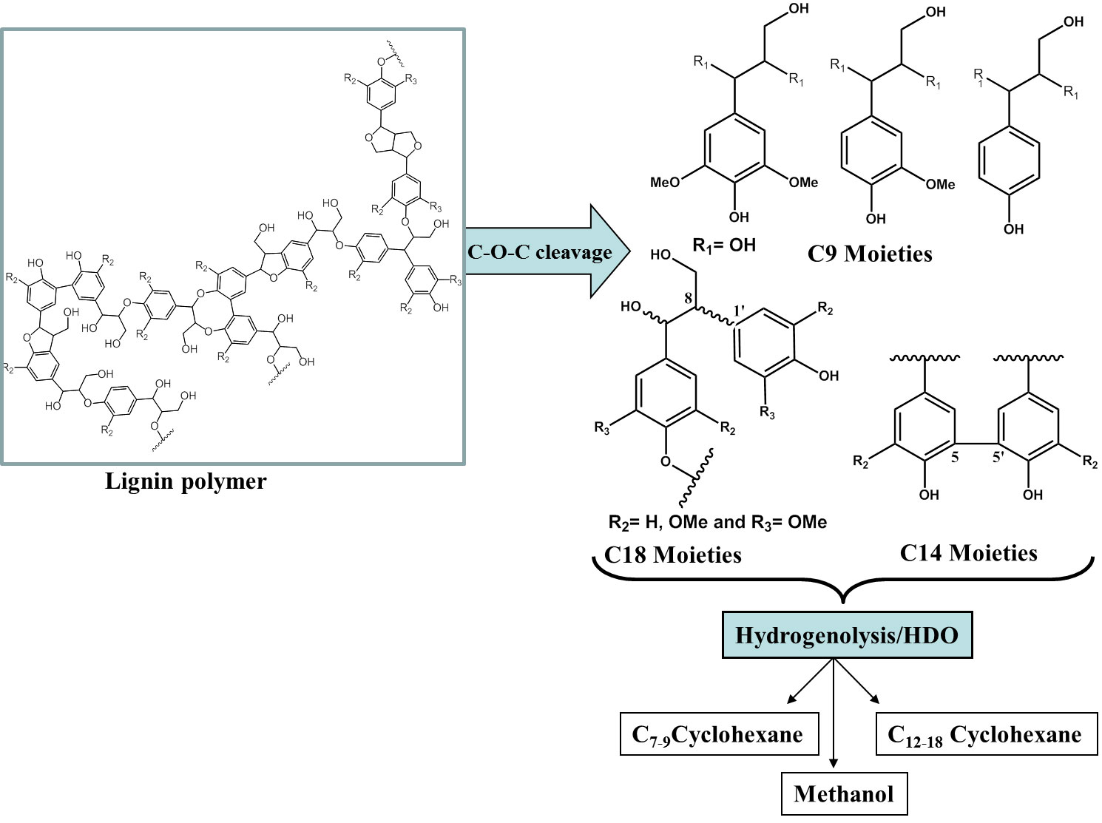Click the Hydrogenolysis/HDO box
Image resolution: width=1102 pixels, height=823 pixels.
coord(846,635)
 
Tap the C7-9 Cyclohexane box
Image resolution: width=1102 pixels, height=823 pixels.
coord(719,734)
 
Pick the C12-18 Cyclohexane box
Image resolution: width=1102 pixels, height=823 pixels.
coord(986,734)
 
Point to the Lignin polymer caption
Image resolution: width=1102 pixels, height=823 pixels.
coord(186,481)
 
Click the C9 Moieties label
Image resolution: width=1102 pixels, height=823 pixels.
coord(870,254)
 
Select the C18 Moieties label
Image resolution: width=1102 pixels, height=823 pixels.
coord(673,554)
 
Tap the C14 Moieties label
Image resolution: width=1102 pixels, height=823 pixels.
coord(968,552)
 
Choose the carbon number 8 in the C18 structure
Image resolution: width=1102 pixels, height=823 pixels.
coord(689,299)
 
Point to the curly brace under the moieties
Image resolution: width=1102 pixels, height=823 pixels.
coord(844,584)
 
